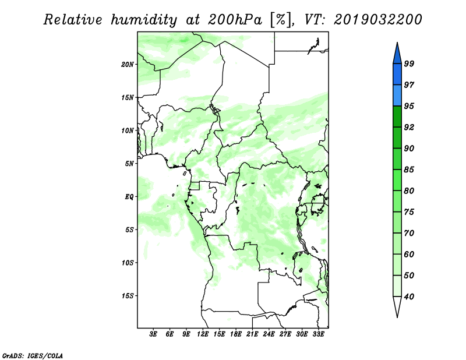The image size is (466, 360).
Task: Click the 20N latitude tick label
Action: pos(128,65)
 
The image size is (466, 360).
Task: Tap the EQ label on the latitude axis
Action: pos(129,197)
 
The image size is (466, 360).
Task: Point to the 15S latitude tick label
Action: pos(128,296)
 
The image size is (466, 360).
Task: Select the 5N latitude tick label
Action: pos(129,164)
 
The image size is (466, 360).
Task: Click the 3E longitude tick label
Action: pos(153,334)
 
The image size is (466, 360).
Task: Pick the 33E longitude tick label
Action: pos(318,334)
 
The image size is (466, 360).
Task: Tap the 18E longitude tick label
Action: pos(236,334)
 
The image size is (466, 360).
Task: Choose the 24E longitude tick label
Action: pos(269,334)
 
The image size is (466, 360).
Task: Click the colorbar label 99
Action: pos(409,63)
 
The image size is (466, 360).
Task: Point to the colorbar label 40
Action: pos(409,297)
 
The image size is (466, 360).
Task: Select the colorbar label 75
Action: pos(409,212)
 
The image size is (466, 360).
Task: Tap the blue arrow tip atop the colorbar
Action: pos(397,43)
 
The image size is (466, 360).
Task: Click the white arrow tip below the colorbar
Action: pos(397,316)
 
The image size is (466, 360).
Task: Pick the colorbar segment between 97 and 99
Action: pos(397,75)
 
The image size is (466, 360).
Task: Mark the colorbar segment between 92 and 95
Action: pos(397,117)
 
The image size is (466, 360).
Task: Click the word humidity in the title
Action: pos(144,20)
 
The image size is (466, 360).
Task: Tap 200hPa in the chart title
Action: pos(235,20)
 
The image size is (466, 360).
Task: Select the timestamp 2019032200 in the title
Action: pos(377,20)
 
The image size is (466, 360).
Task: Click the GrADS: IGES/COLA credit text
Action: pos(33,356)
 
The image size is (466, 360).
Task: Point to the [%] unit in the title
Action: pos(281,20)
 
